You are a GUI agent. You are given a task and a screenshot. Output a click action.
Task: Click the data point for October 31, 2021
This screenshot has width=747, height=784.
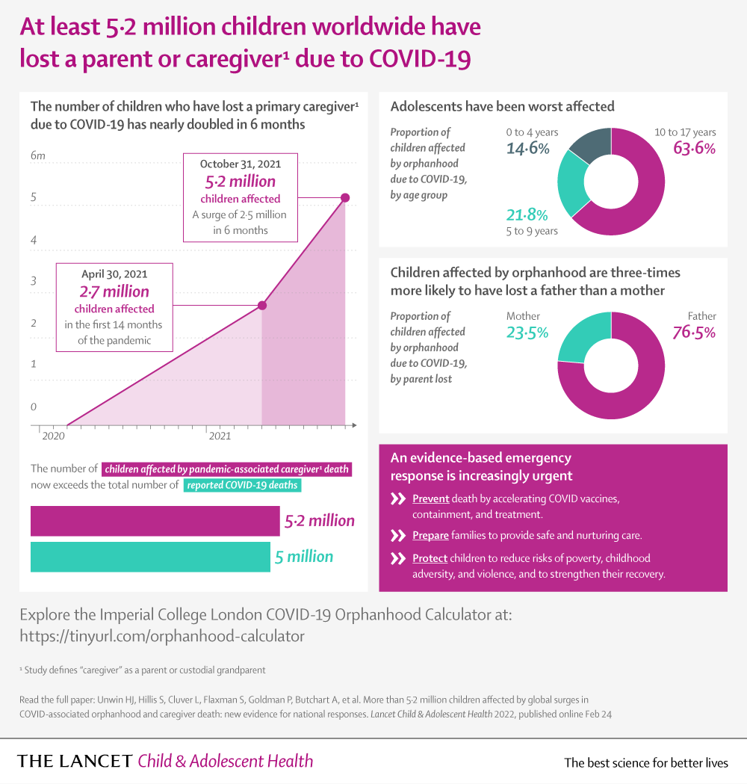(x=345, y=198)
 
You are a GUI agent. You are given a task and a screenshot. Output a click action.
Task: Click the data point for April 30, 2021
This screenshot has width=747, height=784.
(x=262, y=305)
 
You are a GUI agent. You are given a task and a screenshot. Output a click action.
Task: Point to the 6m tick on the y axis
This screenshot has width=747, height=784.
(x=37, y=155)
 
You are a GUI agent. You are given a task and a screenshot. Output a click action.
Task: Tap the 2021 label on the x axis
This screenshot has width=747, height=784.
(x=220, y=436)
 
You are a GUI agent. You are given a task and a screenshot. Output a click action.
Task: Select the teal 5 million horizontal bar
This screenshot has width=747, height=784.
(x=150, y=557)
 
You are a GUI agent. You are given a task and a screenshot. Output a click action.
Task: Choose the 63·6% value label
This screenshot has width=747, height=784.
(x=694, y=148)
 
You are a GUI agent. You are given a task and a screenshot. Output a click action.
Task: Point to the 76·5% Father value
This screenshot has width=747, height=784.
(x=694, y=332)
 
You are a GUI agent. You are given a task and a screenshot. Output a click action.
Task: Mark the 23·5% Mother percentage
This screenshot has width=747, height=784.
(x=527, y=332)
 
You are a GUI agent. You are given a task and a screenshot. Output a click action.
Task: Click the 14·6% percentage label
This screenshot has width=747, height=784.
(x=527, y=148)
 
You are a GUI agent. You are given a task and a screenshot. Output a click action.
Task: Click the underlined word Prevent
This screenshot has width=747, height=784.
(x=430, y=499)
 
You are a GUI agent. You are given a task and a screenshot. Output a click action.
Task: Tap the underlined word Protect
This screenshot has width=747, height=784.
(x=430, y=558)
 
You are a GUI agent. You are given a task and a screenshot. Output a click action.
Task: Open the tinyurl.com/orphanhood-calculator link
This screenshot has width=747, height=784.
(x=162, y=636)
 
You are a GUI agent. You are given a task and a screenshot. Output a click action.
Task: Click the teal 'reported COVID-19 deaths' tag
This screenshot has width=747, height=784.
(x=242, y=485)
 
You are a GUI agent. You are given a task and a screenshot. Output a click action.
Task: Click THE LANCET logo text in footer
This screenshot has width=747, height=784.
(x=75, y=762)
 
